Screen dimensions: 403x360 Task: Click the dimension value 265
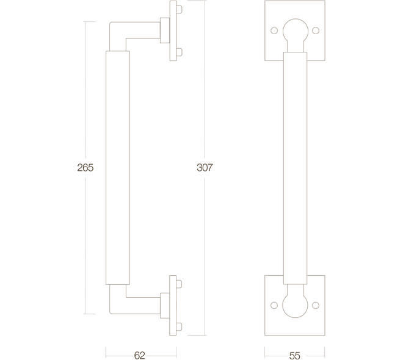pos(85,168)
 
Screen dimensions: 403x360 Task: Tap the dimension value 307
pos(205,167)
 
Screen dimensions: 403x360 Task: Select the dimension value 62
pos(140,355)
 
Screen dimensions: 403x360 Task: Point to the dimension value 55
pos(294,356)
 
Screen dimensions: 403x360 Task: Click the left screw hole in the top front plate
pos(274,31)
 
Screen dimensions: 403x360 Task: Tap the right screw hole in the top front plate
pos(316,31)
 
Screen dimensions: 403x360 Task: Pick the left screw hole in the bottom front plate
pos(274,305)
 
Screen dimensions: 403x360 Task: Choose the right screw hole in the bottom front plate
pos(316,305)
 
